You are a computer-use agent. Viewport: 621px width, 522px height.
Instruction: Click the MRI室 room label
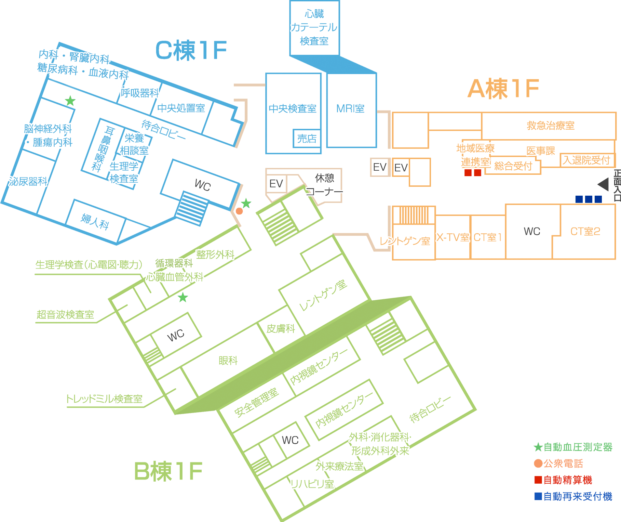point(350,109)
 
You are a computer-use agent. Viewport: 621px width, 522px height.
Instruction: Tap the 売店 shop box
point(307,139)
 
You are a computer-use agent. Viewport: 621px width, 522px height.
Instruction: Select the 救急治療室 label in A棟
point(550,126)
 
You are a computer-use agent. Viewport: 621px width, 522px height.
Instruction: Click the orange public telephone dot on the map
point(239,211)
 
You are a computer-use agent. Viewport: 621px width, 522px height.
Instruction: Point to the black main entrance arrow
point(604,184)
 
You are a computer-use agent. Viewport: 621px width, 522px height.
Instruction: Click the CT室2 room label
point(585,232)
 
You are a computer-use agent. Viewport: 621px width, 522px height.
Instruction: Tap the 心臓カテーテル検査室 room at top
point(314,28)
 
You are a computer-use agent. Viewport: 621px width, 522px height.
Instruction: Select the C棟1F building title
point(191,51)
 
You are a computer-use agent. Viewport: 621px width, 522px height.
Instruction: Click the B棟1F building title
point(168,471)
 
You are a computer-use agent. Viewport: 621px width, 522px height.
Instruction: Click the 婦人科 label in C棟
point(95,221)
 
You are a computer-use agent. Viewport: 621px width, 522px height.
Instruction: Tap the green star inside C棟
point(70,101)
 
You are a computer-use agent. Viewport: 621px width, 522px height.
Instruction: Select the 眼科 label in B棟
point(228,360)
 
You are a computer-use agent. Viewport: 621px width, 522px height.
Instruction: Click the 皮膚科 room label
point(281,329)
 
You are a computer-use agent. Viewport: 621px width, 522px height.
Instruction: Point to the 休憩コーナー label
point(324,185)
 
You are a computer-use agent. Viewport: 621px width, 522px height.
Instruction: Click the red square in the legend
point(538,480)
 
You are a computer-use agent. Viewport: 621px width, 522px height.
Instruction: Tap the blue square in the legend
point(538,496)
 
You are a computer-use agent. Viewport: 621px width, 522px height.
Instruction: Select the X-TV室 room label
point(453,237)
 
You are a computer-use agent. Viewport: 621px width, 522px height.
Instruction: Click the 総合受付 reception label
point(513,166)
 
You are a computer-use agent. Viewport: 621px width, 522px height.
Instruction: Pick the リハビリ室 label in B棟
point(312,484)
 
